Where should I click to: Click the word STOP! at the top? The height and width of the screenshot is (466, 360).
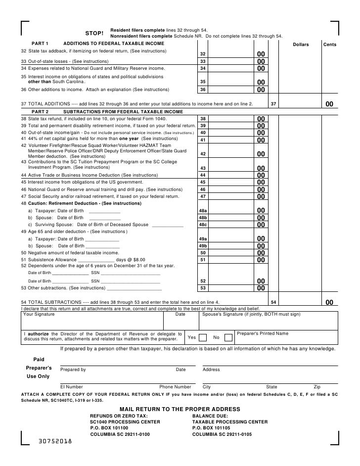click(x=94, y=33)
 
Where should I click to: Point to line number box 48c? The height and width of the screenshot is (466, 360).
click(x=202, y=225)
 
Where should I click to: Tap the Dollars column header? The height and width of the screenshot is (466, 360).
click(x=301, y=45)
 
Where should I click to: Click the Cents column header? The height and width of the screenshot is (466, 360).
click(x=329, y=45)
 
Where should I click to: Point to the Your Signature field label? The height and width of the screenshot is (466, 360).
click(x=39, y=314)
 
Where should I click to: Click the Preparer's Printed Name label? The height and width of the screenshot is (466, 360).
click(x=263, y=333)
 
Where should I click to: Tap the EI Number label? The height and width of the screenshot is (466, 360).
click(x=72, y=387)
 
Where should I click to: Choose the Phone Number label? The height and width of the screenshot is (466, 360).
click(x=175, y=387)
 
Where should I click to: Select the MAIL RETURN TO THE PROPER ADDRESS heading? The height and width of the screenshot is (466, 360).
click(x=180, y=410)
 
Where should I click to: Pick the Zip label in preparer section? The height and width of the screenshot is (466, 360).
click(x=317, y=387)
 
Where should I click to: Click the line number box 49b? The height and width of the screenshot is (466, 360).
click(x=202, y=246)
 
